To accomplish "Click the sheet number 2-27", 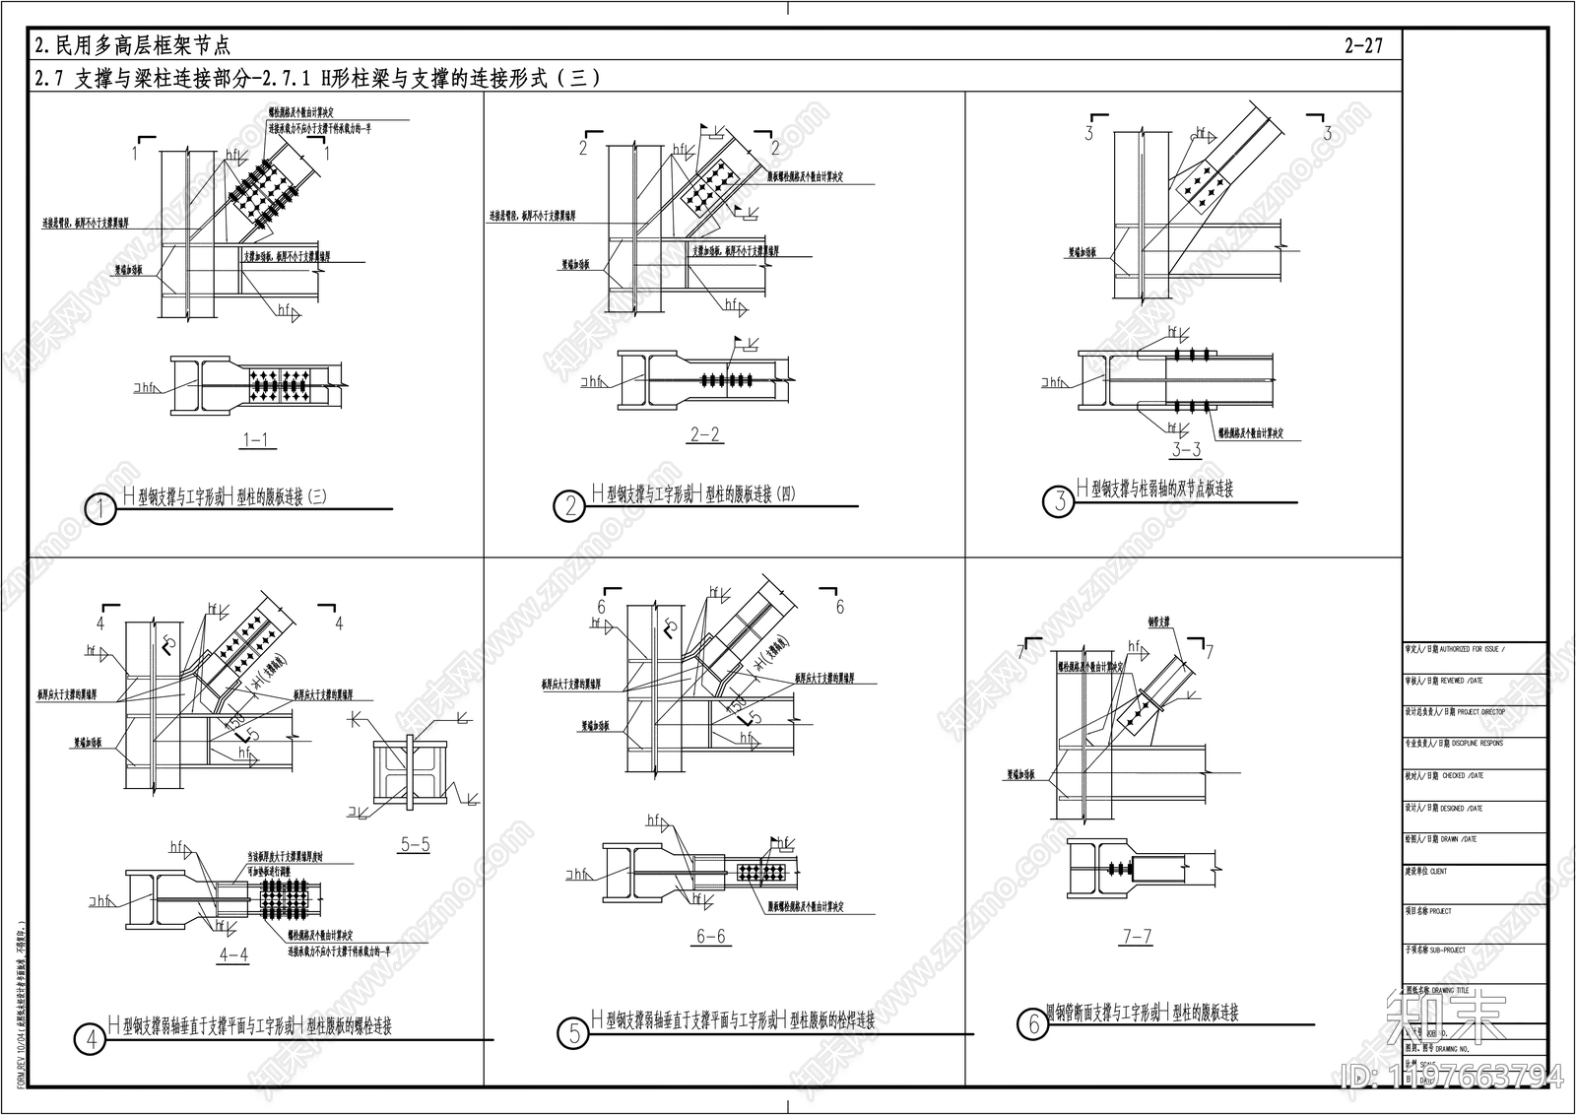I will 1363,45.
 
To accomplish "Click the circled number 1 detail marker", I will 101,508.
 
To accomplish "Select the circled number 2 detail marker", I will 570,506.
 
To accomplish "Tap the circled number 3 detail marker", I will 1059,500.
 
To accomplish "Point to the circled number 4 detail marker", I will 91,1038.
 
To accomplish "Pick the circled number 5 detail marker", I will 574,1033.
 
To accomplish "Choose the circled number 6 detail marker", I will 1032,1024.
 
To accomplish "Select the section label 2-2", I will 704,434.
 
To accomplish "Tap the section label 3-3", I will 1186,450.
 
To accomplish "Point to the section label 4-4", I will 233,954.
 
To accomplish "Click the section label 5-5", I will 415,844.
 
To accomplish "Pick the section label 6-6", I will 710,936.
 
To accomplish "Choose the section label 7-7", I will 1137,937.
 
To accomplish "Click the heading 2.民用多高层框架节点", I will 132,45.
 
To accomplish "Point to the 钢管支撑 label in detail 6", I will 1158,623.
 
